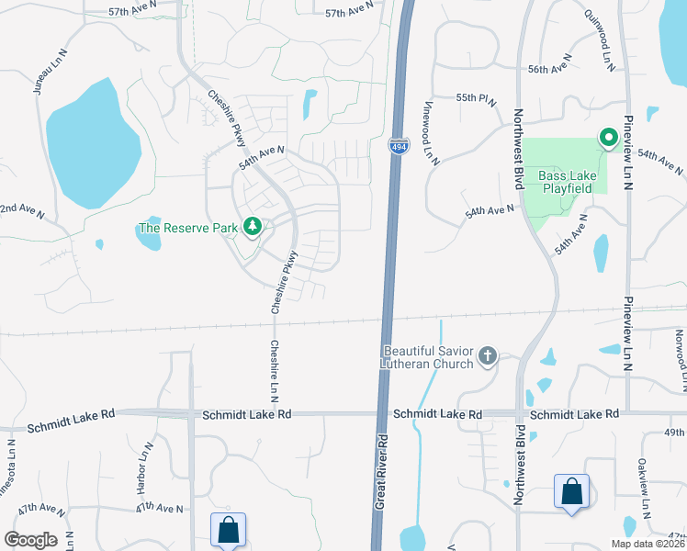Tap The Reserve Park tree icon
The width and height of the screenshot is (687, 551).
coord(251,227)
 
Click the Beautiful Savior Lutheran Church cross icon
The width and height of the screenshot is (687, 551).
coord(488,355)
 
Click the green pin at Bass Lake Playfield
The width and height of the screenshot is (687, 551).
coord(607,139)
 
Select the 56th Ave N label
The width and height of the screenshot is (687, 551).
coord(550,70)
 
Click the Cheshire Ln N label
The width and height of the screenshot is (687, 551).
coord(274,371)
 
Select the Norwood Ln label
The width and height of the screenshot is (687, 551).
coord(680,356)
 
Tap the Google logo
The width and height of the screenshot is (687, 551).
coord(30,540)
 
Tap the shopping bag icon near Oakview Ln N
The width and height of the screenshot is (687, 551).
coord(571,491)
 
